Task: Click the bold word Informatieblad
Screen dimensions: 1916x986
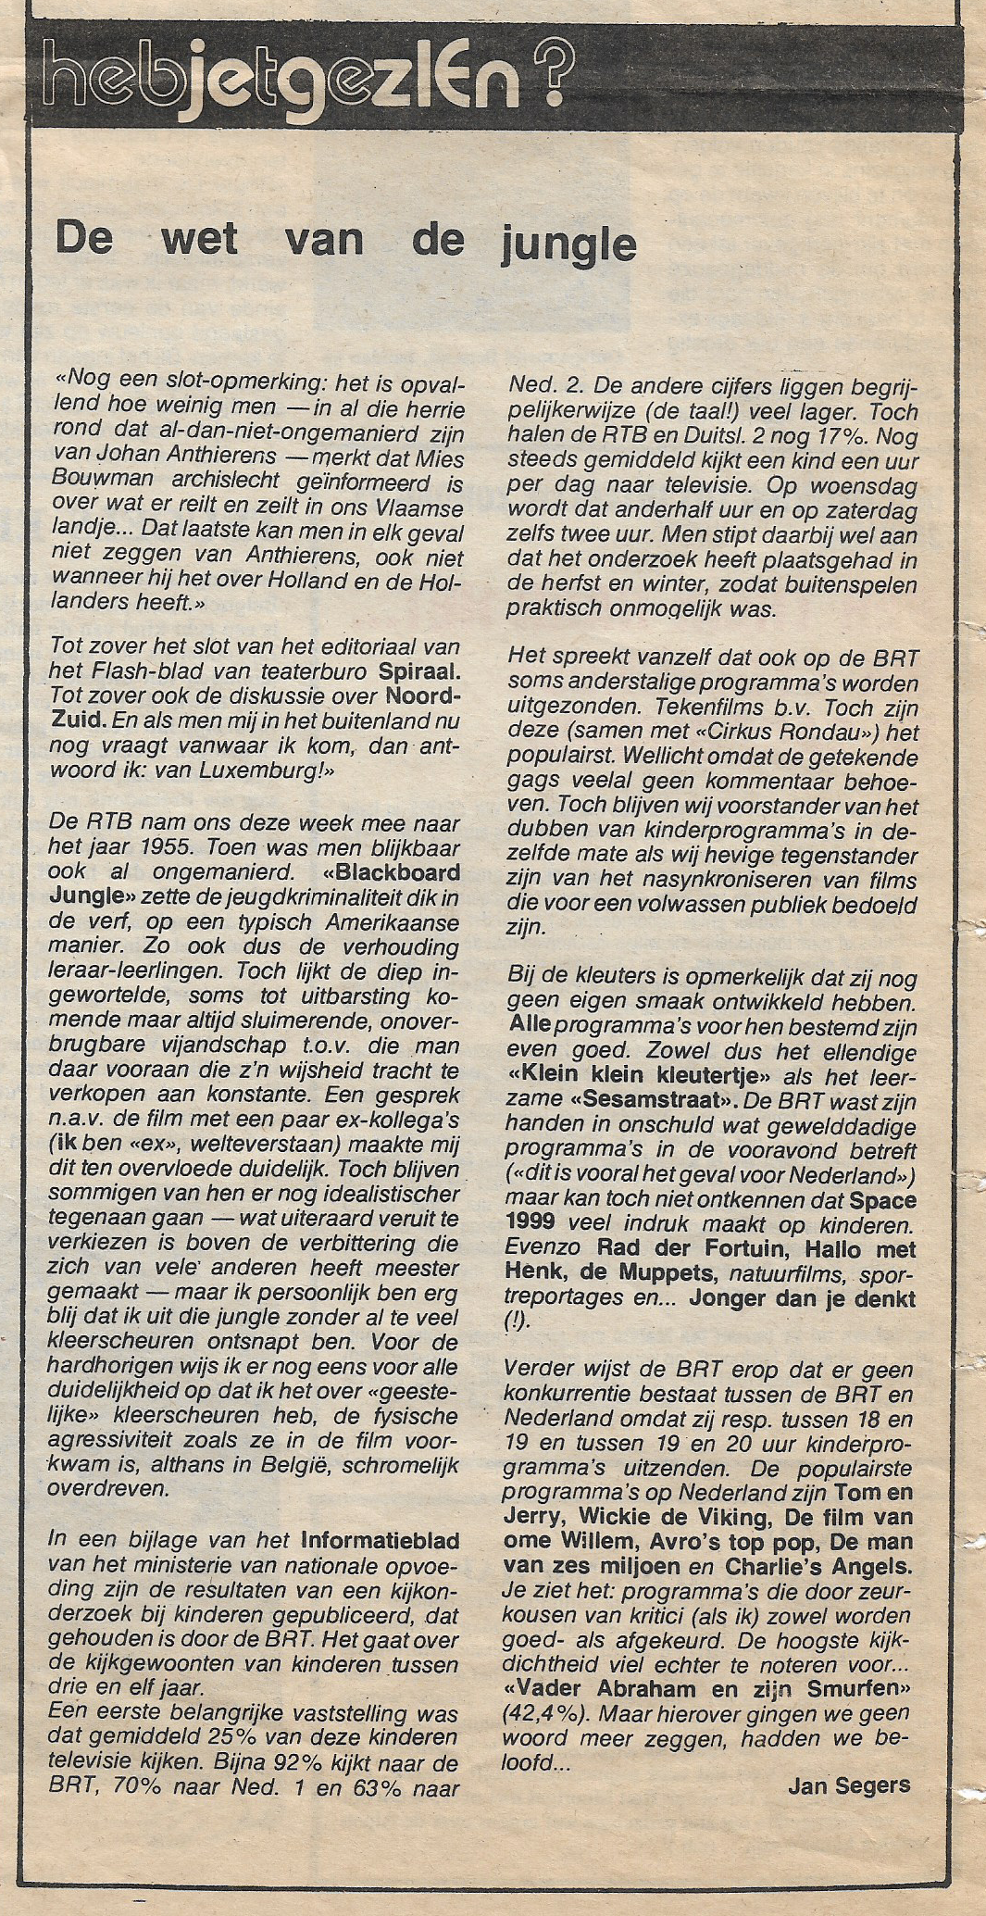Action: click(x=380, y=1541)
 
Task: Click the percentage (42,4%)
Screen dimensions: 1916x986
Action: click(x=543, y=1713)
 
